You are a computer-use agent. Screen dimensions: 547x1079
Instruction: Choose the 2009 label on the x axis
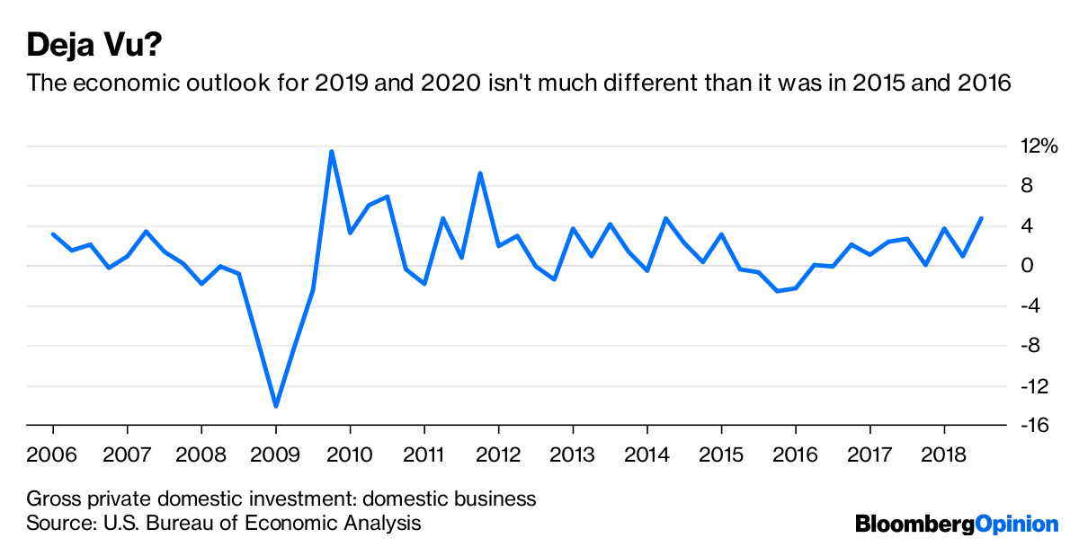pos(276,454)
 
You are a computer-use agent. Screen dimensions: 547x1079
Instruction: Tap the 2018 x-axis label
pos(943,454)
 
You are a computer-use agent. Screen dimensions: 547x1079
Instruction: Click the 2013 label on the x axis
pos(573,454)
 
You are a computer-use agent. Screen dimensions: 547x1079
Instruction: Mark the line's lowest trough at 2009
pos(276,406)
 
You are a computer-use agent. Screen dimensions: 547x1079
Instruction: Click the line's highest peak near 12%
pos(332,151)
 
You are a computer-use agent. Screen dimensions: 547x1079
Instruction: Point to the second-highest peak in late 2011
pos(480,173)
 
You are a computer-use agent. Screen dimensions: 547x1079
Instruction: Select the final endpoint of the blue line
pos(981,218)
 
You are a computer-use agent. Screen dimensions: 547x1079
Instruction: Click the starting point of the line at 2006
pos(53,234)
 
